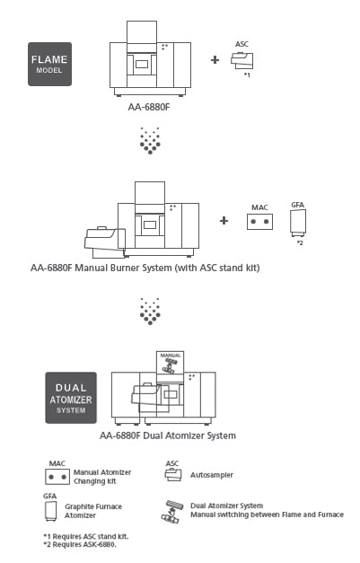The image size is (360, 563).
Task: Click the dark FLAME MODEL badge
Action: [50, 65]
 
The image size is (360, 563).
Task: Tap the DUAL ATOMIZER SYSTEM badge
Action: [71, 398]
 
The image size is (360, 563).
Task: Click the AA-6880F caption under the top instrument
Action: [149, 107]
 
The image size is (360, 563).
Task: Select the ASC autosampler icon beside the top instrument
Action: [241, 60]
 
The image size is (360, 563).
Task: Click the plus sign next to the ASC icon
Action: [215, 59]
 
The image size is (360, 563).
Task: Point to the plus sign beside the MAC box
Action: [224, 221]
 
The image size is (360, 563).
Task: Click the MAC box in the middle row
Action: [259, 222]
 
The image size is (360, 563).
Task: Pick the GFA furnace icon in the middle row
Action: [298, 223]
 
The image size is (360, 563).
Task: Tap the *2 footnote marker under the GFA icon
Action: [300, 243]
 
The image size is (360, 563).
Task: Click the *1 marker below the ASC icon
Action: [247, 75]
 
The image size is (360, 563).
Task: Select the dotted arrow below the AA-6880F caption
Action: [150, 140]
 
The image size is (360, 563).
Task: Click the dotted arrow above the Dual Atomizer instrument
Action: [150, 311]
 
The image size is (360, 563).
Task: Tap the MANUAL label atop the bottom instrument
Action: [171, 356]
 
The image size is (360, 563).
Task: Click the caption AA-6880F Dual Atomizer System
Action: [168, 435]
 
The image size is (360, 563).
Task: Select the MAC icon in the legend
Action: [57, 477]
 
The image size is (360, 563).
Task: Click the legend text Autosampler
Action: [211, 475]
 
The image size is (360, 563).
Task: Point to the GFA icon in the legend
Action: [50, 511]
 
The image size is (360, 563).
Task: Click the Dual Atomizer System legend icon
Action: [171, 512]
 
